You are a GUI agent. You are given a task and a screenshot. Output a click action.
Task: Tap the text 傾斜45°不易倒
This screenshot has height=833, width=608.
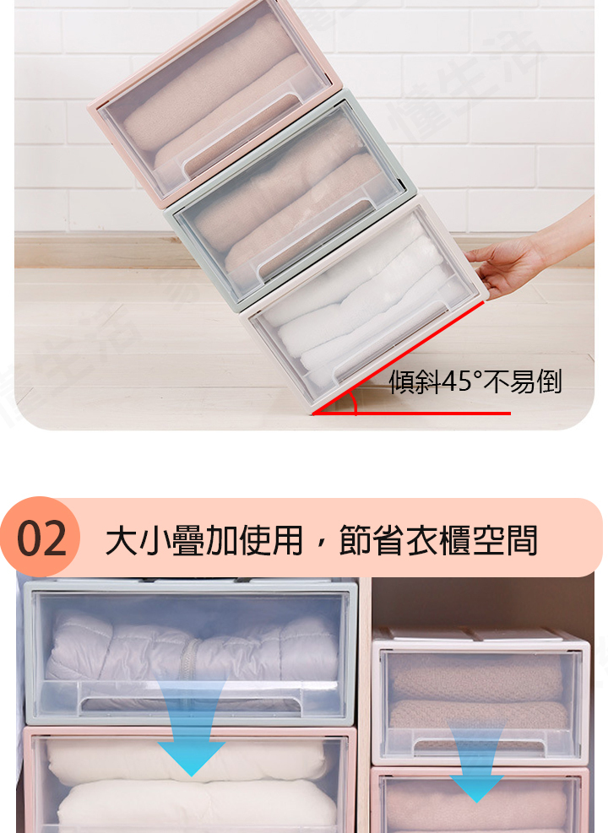click(x=475, y=381)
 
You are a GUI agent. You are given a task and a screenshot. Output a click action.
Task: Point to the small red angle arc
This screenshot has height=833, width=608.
click(x=354, y=403)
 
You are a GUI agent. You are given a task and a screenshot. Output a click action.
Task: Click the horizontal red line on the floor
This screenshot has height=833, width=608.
click(x=412, y=413)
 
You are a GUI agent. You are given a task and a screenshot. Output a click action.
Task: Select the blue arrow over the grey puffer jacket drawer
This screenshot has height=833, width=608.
click(x=191, y=727)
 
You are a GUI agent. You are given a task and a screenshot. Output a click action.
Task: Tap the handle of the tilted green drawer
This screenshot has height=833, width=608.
click(x=313, y=234)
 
